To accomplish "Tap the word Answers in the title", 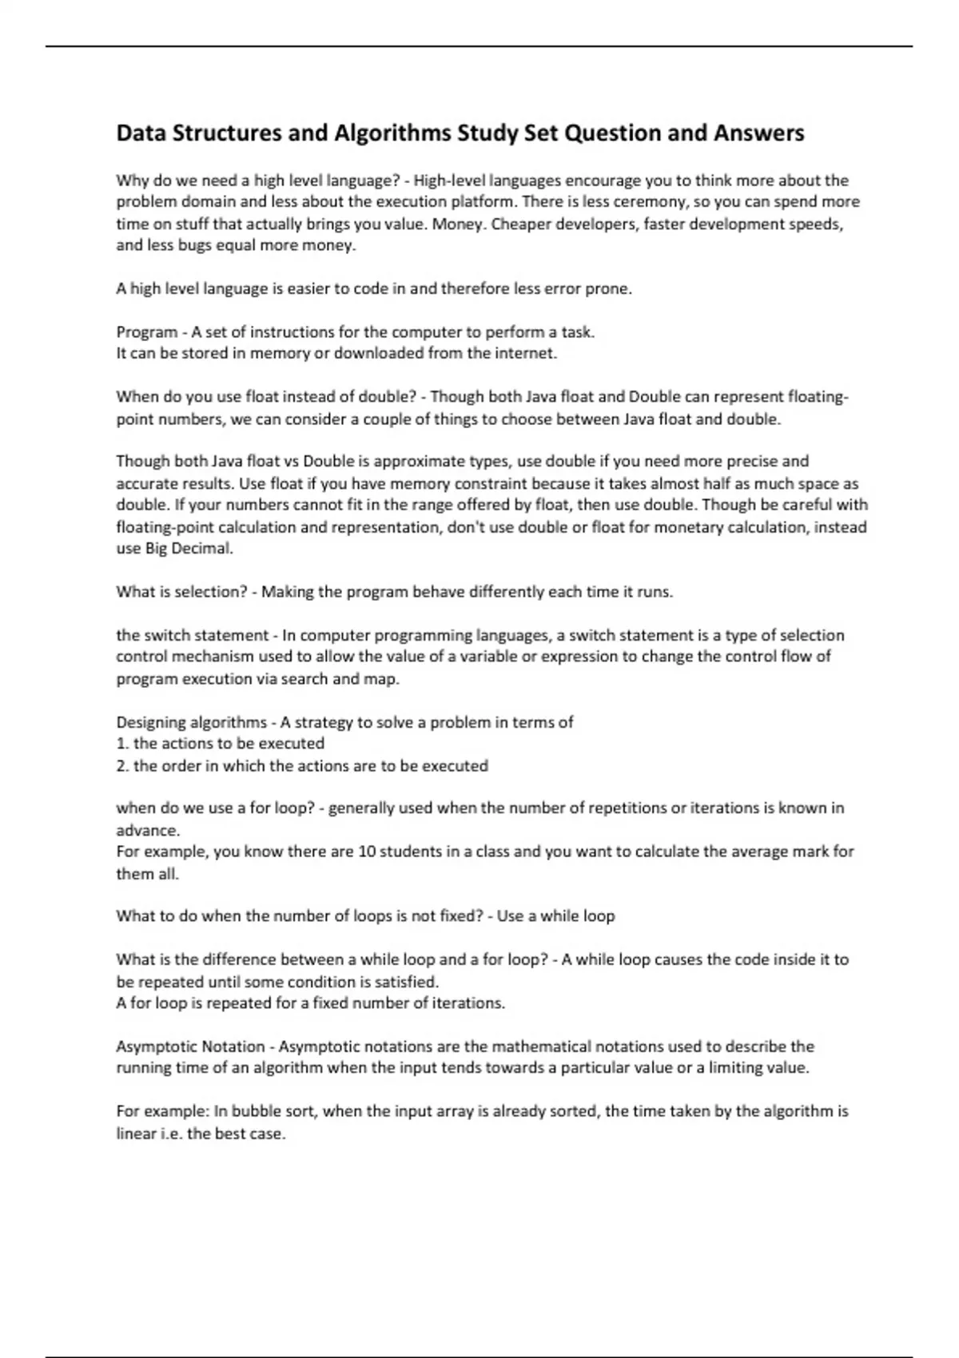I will [x=758, y=133].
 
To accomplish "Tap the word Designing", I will [x=151, y=723].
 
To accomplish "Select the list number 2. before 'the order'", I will [x=122, y=766].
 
